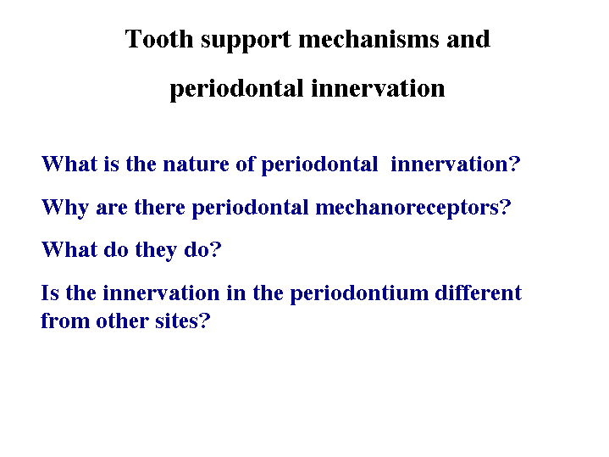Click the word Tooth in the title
point(159,39)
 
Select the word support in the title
point(246,41)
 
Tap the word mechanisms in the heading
point(368,39)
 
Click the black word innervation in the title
point(378,88)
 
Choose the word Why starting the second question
point(65,208)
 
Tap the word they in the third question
point(156,250)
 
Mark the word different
point(478,293)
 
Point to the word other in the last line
point(122,321)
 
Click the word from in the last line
point(65,321)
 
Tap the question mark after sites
point(204,321)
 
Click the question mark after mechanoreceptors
point(506,207)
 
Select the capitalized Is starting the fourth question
point(50,293)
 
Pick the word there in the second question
point(159,207)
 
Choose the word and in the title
point(468,39)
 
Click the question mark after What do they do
point(216,250)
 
